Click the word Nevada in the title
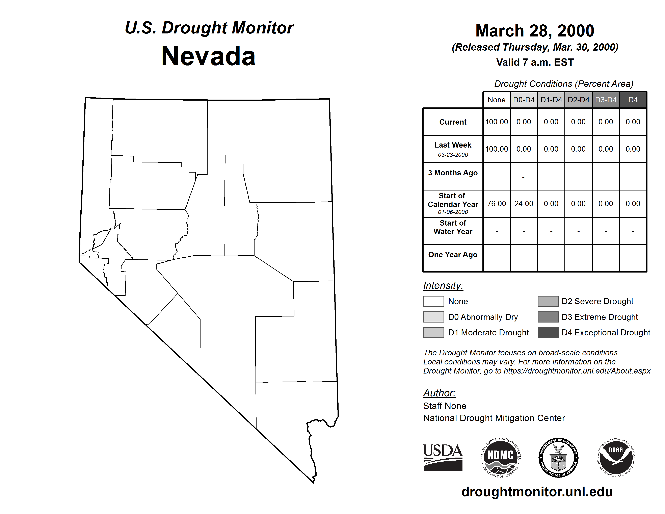[x=208, y=56]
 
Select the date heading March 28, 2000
[x=535, y=31]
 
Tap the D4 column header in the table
[x=633, y=100]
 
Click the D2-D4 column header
[x=578, y=100]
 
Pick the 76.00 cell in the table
[x=496, y=203]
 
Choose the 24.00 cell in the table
[x=524, y=203]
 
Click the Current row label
[x=453, y=122]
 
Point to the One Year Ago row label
[x=453, y=255]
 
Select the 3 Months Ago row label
[x=453, y=173]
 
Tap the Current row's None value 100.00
[x=496, y=122]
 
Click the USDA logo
[x=443, y=457]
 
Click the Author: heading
[x=439, y=393]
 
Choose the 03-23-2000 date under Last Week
[x=453, y=155]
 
